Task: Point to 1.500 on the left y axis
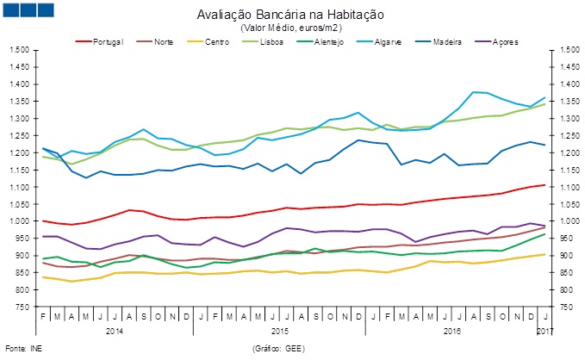point(19,50)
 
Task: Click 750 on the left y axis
point(22,307)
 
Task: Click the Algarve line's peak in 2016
point(474,92)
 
